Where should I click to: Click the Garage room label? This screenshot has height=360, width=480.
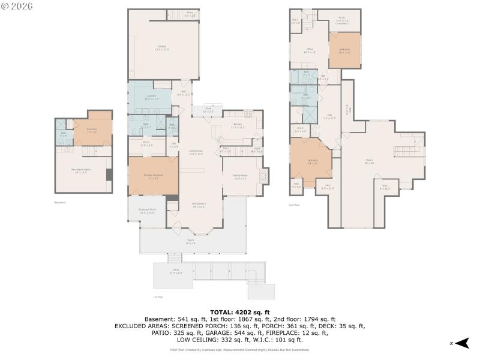(x=162, y=47)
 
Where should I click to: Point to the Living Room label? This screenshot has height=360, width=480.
(x=199, y=206)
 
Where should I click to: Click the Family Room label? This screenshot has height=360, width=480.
(x=240, y=177)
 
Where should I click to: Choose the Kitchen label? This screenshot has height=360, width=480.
(x=238, y=125)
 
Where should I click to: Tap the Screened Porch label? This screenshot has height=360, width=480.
(x=148, y=211)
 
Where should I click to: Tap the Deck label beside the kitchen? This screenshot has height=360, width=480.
(x=208, y=110)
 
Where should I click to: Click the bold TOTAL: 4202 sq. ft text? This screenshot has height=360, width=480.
(x=240, y=312)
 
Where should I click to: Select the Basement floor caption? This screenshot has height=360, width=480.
(x=60, y=202)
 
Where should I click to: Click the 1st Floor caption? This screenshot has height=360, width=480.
(x=158, y=296)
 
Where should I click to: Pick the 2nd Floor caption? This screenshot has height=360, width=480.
(x=294, y=205)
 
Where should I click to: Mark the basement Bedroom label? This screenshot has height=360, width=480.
(x=92, y=131)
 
